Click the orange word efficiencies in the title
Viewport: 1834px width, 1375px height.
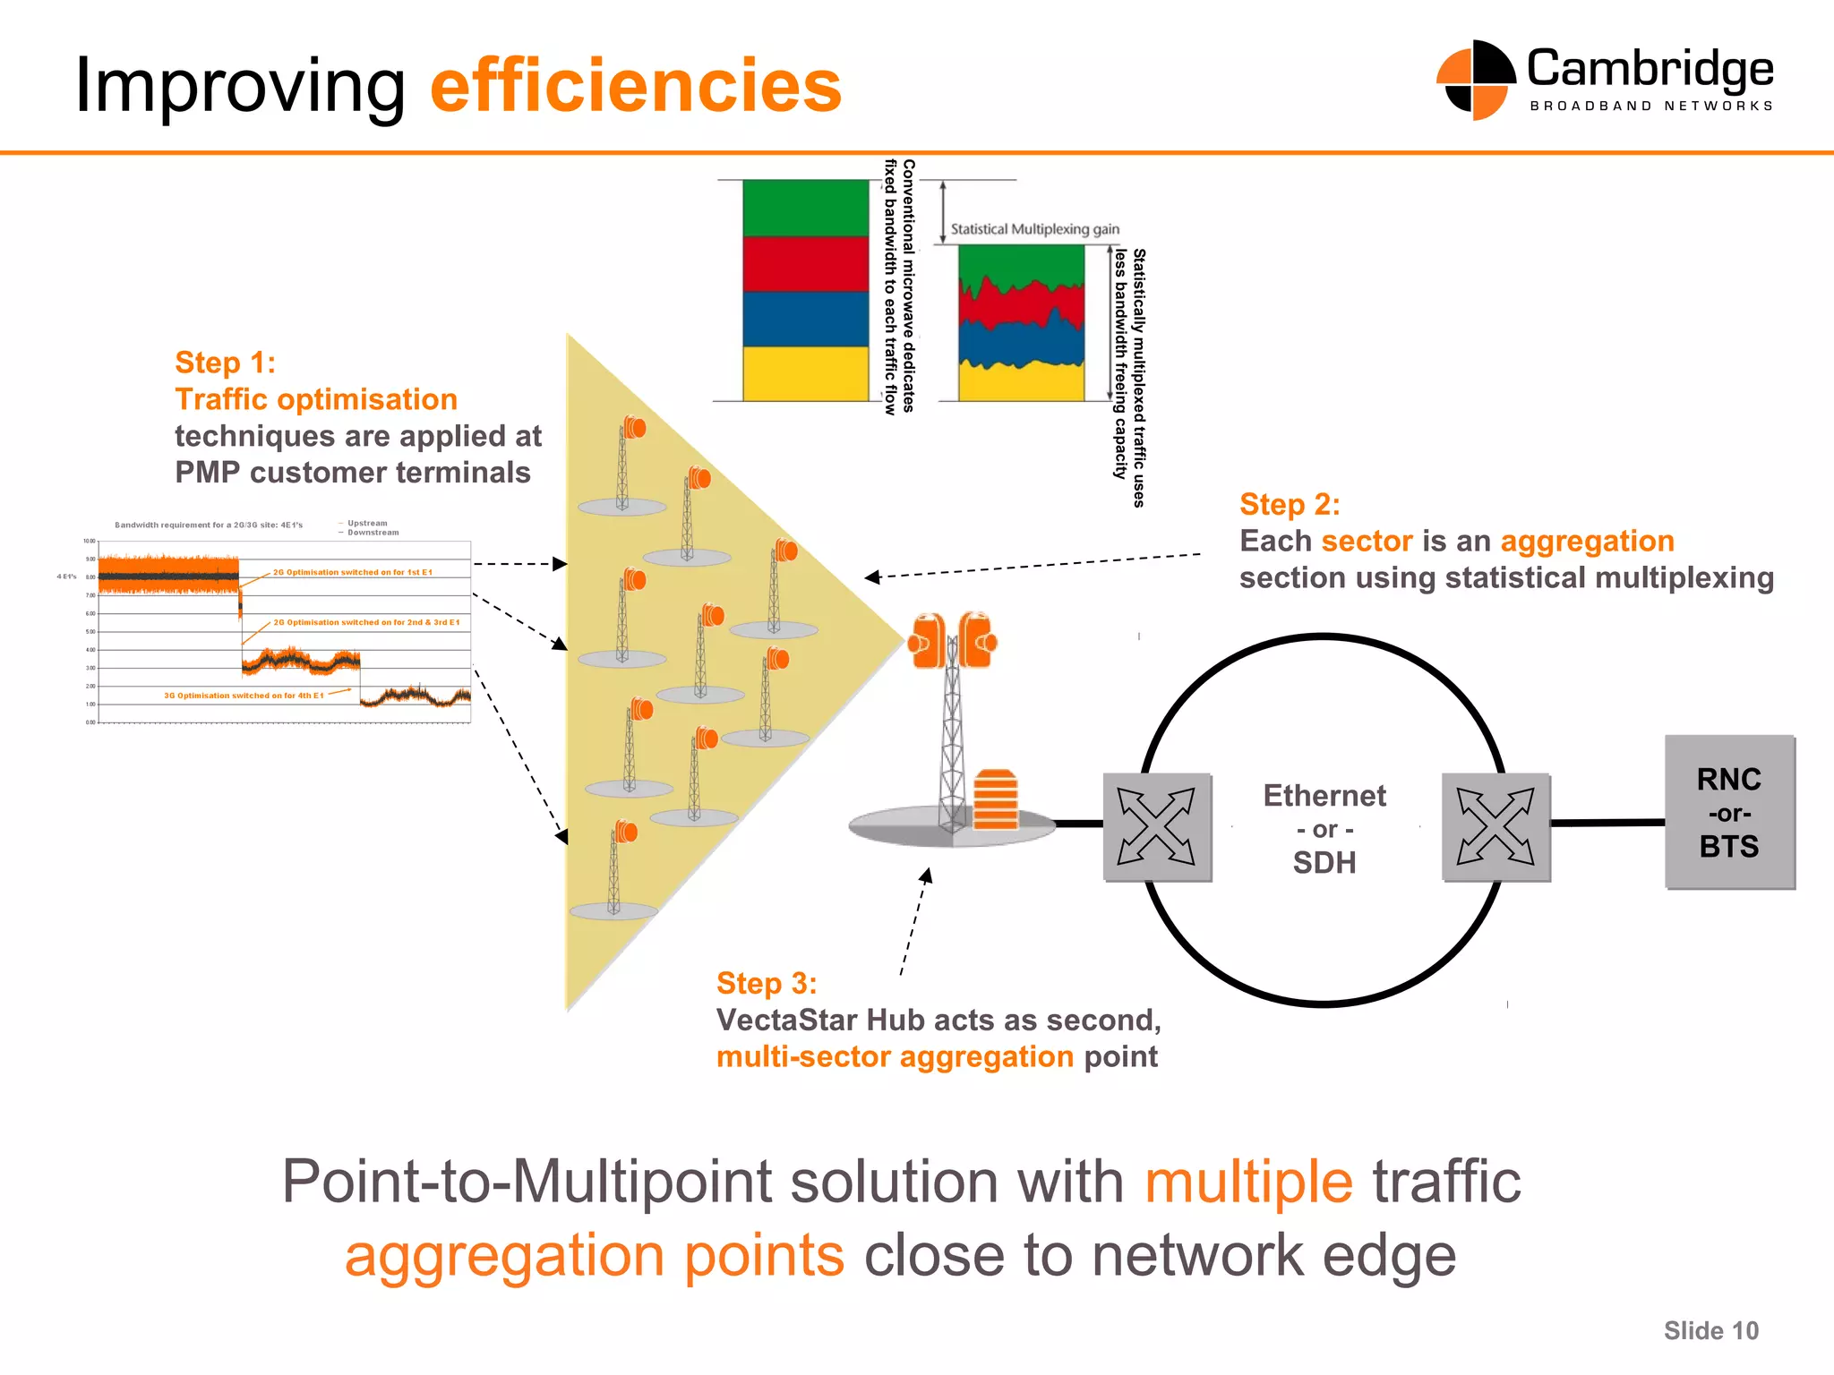click(636, 86)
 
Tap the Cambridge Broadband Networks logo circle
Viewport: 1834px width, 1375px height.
click(1475, 81)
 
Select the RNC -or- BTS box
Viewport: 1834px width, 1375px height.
click(1729, 812)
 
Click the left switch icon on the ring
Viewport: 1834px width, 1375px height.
click(1156, 826)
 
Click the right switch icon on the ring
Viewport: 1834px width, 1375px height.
click(1495, 826)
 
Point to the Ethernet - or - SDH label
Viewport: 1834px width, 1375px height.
click(1324, 829)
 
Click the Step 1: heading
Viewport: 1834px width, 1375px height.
click(225, 363)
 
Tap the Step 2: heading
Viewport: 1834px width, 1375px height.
click(1290, 505)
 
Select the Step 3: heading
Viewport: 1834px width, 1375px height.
click(767, 984)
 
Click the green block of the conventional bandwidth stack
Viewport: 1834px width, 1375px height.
click(805, 208)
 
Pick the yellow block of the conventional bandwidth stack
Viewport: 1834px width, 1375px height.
click(805, 373)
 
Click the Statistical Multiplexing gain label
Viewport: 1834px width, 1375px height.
click(1034, 229)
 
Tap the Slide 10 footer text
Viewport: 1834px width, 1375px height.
click(1710, 1330)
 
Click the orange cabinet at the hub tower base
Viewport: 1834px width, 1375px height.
click(996, 799)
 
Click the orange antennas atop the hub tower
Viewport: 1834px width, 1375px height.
click(953, 640)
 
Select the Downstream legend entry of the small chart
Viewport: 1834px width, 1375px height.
click(373, 533)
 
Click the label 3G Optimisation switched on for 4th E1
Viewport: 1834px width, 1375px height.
click(244, 696)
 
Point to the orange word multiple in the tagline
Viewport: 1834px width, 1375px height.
click(1248, 1182)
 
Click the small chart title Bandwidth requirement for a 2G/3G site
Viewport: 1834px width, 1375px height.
click(209, 525)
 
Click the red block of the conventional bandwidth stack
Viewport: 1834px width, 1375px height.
click(805, 264)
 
